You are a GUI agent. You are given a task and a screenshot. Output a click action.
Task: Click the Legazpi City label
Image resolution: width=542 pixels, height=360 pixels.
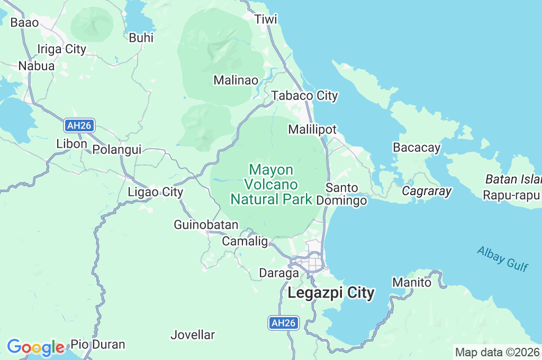(x=331, y=293)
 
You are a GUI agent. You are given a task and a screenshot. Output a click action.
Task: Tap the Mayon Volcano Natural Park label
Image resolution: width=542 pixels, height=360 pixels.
(x=270, y=184)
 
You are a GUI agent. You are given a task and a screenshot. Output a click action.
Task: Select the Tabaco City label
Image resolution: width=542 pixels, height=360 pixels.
(x=304, y=96)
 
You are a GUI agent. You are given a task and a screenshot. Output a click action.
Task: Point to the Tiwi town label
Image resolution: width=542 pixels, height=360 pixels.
(x=266, y=20)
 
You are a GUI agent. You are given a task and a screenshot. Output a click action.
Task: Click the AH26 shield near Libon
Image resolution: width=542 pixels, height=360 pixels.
(x=80, y=125)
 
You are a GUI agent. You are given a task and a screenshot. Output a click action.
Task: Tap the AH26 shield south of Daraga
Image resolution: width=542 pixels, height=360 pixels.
(x=284, y=323)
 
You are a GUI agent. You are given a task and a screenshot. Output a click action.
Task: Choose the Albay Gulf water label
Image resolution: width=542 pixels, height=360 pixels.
(x=502, y=258)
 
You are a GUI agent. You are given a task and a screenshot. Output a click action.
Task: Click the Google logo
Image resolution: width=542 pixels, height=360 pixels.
(x=35, y=347)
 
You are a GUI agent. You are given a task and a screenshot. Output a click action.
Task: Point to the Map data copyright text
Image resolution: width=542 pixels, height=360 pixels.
(x=498, y=352)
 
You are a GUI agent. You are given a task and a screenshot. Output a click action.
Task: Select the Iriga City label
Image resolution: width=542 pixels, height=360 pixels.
(x=61, y=49)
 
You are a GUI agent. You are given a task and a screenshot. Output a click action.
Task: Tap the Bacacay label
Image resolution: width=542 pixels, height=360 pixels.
(x=417, y=148)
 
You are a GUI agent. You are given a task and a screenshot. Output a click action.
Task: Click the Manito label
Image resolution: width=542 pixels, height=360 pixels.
(x=412, y=283)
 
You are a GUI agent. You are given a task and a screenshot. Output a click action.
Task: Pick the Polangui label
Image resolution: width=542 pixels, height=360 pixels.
(x=117, y=149)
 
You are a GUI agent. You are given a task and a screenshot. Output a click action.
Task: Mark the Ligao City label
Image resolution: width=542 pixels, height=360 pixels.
(x=156, y=192)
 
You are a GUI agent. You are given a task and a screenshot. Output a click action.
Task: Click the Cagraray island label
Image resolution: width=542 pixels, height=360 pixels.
(x=427, y=191)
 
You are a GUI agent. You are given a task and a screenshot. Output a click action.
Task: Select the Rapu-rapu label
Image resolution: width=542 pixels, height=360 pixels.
(x=511, y=195)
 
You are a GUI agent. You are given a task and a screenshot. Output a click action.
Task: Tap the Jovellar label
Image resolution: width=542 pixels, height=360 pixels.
(x=193, y=335)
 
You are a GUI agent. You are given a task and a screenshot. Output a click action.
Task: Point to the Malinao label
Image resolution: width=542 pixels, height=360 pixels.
(x=236, y=80)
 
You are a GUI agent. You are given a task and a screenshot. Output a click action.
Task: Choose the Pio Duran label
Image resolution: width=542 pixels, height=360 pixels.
(x=98, y=344)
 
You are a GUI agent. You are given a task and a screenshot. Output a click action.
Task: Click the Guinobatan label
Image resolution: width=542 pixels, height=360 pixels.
(x=206, y=225)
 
